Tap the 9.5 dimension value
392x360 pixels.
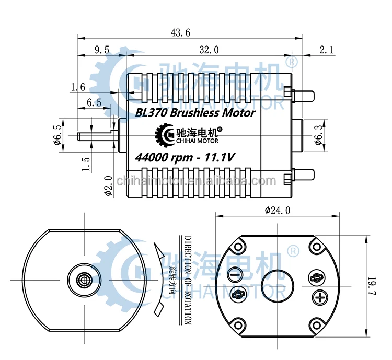tap(101, 50)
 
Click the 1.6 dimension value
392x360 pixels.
tap(78, 87)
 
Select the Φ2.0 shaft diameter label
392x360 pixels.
tap(109, 185)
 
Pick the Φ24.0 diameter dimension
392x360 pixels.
tap(277, 211)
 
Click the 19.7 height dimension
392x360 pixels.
tap(372, 284)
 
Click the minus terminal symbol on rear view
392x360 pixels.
tap(235, 274)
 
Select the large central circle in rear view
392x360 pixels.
tap(278, 285)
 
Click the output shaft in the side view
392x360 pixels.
tap(97, 136)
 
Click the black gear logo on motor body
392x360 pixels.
tap(166, 134)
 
